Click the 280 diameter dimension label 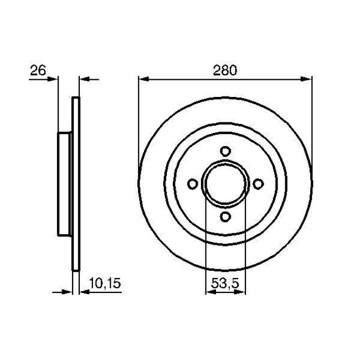pos(225,70)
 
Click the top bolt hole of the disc pos(225,151)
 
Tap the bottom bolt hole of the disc pos(225,217)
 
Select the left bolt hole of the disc pos(192,184)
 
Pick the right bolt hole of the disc pos(258,184)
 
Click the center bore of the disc pos(225,184)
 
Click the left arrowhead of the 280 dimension pos(142,79)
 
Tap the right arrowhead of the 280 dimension pos(308,79)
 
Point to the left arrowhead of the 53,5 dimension pos(209,292)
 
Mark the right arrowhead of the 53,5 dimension pos(241,292)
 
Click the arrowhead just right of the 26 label pos(54,79)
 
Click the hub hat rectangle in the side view pos(65,184)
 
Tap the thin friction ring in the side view pos(76,184)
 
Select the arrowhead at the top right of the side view pos(85,79)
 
